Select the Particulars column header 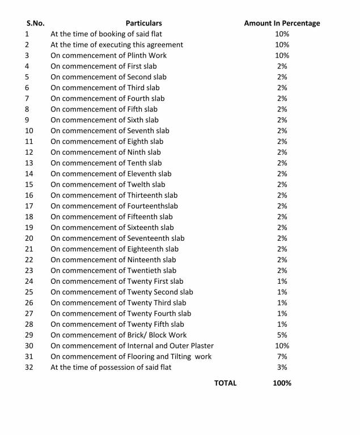click(x=143, y=23)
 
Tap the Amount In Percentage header click(x=282, y=23)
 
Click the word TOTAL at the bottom click(x=225, y=383)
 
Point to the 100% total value click(x=282, y=383)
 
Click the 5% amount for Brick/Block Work click(x=282, y=335)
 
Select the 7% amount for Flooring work click(x=282, y=356)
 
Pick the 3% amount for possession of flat click(x=282, y=367)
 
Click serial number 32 click(x=29, y=367)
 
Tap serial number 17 click(x=29, y=206)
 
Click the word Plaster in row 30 click(x=201, y=346)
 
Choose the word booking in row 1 click(x=112, y=34)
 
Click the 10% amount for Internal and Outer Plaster click(x=282, y=346)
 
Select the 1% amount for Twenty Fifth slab click(x=282, y=324)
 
